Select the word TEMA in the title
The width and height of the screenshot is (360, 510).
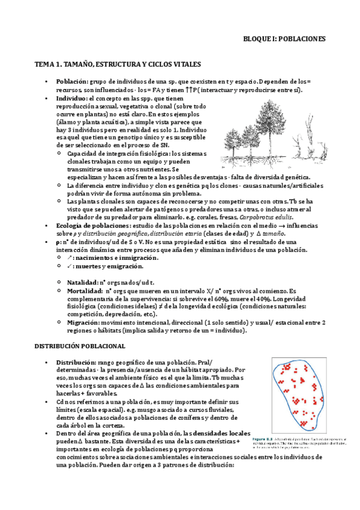point(45,64)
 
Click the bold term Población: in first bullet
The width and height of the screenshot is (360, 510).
point(73,81)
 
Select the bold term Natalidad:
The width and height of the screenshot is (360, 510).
point(83,281)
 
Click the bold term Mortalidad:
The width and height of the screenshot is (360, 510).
point(85,290)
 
